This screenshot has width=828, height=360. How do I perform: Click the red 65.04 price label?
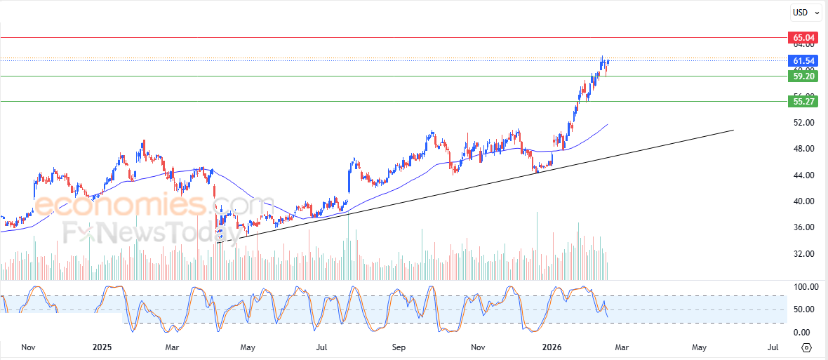point(803,37)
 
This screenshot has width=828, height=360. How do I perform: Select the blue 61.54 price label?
point(803,61)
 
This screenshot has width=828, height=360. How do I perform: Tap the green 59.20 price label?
point(803,76)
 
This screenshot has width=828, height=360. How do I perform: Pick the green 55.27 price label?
point(803,102)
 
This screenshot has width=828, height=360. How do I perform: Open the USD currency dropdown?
point(806,12)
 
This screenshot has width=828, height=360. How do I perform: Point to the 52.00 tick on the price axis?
point(803,123)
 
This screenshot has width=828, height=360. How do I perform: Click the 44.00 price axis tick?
point(803,175)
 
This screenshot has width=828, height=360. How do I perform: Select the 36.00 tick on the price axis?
point(803,227)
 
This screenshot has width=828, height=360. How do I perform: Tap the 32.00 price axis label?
point(803,254)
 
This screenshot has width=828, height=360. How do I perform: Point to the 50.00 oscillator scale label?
point(803,309)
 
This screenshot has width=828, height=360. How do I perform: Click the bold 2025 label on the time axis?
point(102,347)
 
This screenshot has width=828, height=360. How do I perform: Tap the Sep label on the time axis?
point(399,347)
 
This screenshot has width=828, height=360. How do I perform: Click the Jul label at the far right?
point(773,347)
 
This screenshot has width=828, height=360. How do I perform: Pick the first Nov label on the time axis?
point(28,347)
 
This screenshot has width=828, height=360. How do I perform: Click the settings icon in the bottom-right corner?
point(807,347)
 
